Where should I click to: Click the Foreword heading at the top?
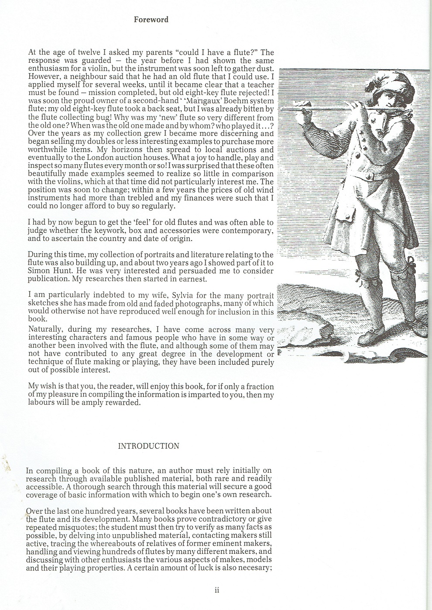point(151,20)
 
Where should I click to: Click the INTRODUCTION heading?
point(148,446)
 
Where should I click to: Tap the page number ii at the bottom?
point(216,591)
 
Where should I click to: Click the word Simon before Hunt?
point(38,271)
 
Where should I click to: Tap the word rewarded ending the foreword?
point(124,403)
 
